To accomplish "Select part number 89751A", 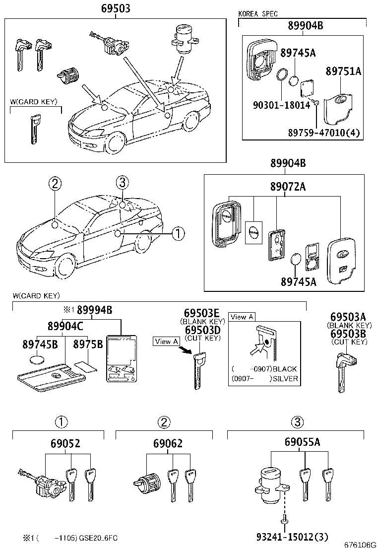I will click(x=343, y=71).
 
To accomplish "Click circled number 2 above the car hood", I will click(x=55, y=184).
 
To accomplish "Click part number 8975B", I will click(x=88, y=344).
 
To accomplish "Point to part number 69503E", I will click(x=201, y=313).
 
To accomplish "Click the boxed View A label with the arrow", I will click(x=166, y=341).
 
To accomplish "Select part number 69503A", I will click(x=348, y=317).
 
